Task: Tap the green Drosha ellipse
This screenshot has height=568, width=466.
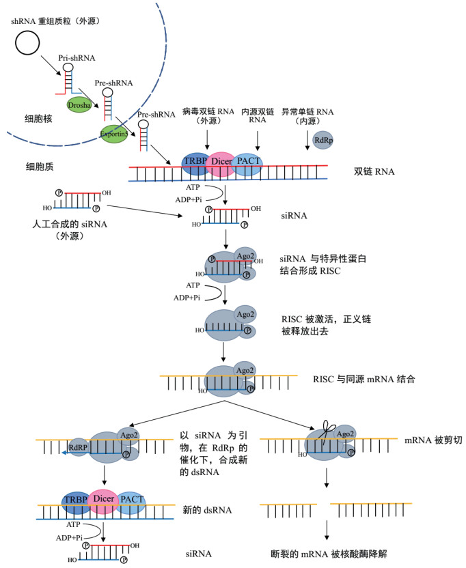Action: click(x=79, y=104)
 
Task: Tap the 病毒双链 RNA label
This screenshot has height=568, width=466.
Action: click(x=206, y=113)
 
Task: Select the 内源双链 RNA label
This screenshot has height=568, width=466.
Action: click(x=258, y=113)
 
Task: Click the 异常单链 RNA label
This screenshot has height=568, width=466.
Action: click(x=312, y=113)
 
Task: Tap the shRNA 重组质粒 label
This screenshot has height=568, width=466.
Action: click(x=57, y=21)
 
